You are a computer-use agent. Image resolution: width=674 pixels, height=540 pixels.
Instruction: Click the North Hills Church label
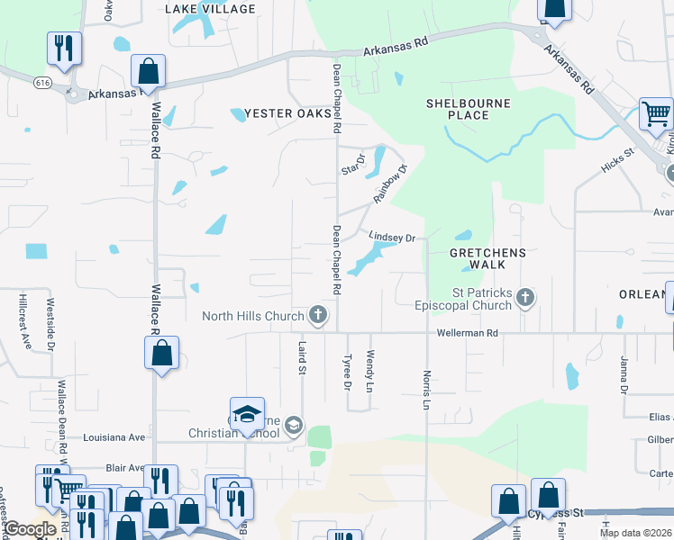[253, 315]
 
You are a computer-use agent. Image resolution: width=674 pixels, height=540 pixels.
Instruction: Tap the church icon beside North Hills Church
[317, 315]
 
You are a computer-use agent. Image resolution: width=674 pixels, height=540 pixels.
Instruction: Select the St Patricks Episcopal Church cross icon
[525, 298]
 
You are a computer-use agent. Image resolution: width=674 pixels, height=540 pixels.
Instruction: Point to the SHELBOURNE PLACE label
[469, 109]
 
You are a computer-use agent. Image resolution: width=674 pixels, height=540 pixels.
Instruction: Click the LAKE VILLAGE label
[210, 8]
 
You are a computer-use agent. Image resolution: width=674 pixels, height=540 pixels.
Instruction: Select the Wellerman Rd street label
[468, 333]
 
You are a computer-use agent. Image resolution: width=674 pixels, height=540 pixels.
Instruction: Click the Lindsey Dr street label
[392, 238]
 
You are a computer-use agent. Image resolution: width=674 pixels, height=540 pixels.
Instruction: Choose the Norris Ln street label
[426, 389]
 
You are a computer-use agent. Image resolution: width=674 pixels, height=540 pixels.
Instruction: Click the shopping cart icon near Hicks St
[656, 114]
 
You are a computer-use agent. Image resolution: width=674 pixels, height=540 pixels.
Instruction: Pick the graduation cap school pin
[247, 414]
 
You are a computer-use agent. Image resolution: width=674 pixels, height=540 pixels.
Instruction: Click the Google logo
[30, 529]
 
